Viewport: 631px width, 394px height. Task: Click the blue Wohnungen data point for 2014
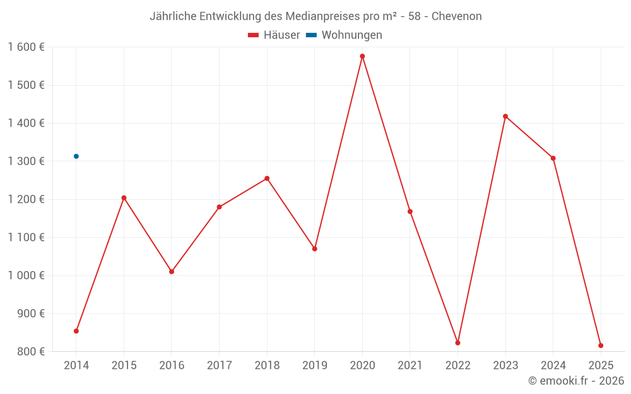click(76, 156)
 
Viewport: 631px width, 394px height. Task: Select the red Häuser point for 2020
click(362, 56)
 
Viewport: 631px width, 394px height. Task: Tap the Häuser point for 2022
click(457, 343)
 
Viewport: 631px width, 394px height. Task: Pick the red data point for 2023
click(505, 116)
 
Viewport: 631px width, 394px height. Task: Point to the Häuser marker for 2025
click(601, 345)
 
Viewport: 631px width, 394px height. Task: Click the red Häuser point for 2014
click(76, 331)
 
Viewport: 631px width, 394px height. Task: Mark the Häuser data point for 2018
click(267, 178)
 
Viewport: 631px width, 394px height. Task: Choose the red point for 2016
click(172, 272)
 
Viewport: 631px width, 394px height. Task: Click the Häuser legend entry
click(274, 35)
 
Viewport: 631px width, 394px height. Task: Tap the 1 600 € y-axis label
click(27, 47)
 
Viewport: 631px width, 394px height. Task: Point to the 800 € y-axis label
click(31, 352)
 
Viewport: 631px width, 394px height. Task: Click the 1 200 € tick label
click(27, 199)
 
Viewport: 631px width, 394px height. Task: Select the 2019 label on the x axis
click(314, 366)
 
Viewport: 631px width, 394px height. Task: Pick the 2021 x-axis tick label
click(410, 366)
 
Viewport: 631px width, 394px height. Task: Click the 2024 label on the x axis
click(553, 366)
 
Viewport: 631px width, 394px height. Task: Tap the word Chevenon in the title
click(456, 16)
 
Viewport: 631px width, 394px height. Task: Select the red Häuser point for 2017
click(219, 207)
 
